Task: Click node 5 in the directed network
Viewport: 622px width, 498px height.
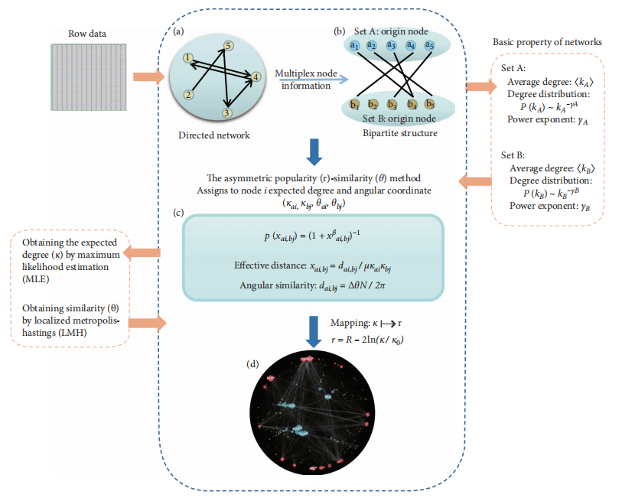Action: click(227, 47)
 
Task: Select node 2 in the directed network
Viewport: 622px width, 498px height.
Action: click(187, 95)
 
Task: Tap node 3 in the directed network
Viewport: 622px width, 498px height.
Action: click(226, 113)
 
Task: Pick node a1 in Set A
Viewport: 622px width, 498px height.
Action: click(355, 46)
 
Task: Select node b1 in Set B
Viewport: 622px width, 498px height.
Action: click(355, 105)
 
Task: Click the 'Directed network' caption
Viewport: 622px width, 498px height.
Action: click(218, 135)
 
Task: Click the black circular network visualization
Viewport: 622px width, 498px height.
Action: click(310, 414)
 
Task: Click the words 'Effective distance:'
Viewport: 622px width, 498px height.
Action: click(269, 265)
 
